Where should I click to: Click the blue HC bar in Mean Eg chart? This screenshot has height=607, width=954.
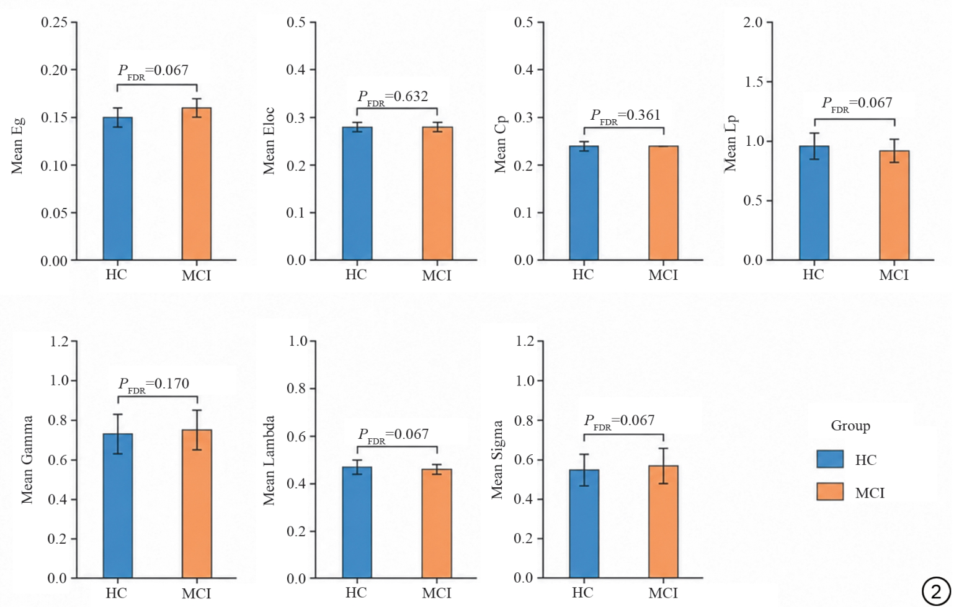pyautogui.click(x=118, y=189)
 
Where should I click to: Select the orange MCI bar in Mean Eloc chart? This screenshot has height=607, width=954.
pyautogui.click(x=437, y=193)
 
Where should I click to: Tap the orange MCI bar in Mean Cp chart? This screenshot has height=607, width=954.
pyautogui.click(x=664, y=203)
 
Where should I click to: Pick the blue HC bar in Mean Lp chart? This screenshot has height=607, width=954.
pyautogui.click(x=814, y=203)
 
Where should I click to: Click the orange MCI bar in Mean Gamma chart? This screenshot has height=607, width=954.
pyautogui.click(x=197, y=504)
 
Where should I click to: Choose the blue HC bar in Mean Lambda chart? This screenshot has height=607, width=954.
pyautogui.click(x=357, y=522)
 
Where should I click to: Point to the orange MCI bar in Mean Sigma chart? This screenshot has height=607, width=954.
pyautogui.click(x=664, y=522)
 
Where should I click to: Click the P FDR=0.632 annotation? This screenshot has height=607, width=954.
pyautogui.click(x=393, y=97)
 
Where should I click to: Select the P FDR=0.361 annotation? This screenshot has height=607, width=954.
pyautogui.click(x=625, y=116)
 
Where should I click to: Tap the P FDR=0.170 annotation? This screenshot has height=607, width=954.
pyautogui.click(x=153, y=385)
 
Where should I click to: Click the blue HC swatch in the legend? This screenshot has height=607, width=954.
pyautogui.click(x=830, y=459)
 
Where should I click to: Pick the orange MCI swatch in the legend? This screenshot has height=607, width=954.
pyautogui.click(x=830, y=492)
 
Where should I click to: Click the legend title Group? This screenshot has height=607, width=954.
pyautogui.click(x=850, y=426)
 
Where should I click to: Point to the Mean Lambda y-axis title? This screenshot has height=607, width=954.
pyautogui.click(x=269, y=461)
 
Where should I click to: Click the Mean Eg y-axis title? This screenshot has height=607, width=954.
pyautogui.click(x=17, y=145)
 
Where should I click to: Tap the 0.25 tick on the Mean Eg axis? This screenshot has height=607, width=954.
pyautogui.click(x=54, y=22)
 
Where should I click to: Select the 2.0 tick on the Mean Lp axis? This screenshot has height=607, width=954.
pyautogui.click(x=753, y=22)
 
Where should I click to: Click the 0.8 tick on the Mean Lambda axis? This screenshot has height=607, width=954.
pyautogui.click(x=296, y=389)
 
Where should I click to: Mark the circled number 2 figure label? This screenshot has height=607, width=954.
pyautogui.click(x=936, y=591)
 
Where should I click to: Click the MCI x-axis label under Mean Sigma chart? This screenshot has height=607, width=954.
pyautogui.click(x=663, y=593)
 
